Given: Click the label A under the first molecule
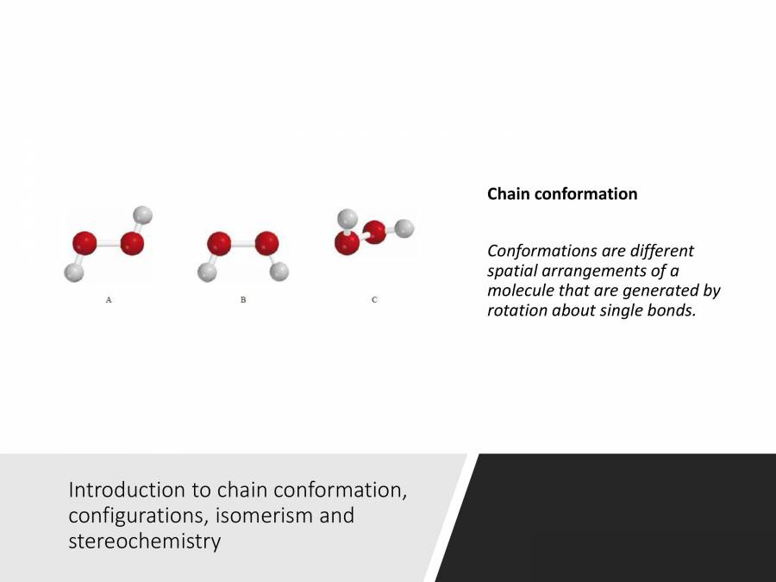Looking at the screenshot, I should (x=108, y=300).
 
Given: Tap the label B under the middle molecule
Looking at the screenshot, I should (x=243, y=300).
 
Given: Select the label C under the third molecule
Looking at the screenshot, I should (x=374, y=299).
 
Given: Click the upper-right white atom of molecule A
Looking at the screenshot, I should (x=144, y=214).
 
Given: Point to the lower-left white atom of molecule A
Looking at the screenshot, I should (x=73, y=272).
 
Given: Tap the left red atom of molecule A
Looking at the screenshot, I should (x=84, y=242).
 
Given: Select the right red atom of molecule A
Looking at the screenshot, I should (x=132, y=243).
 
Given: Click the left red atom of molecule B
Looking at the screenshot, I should (x=219, y=243).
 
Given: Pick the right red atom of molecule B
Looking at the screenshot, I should (x=266, y=243).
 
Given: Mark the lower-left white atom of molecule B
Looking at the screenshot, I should (x=207, y=272).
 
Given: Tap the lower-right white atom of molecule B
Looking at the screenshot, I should (x=278, y=272).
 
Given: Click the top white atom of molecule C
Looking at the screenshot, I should (x=347, y=217).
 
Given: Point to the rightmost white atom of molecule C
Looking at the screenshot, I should (x=404, y=228).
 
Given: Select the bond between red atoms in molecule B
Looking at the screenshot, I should (x=242, y=243).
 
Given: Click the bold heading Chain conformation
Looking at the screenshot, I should (x=562, y=194).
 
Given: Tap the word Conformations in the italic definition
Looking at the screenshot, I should (x=541, y=251).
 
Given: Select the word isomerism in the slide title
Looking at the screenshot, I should (x=307, y=516).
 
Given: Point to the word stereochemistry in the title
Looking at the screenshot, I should (x=144, y=542).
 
